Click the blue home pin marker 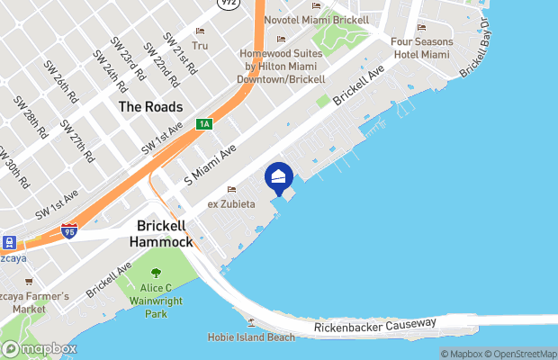(279, 177)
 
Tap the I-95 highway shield (70, 232)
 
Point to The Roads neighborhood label (150, 107)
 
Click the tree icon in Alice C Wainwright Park (156, 273)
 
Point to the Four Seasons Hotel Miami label (421, 48)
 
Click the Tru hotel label (200, 45)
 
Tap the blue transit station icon (8, 242)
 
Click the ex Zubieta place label (232, 204)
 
